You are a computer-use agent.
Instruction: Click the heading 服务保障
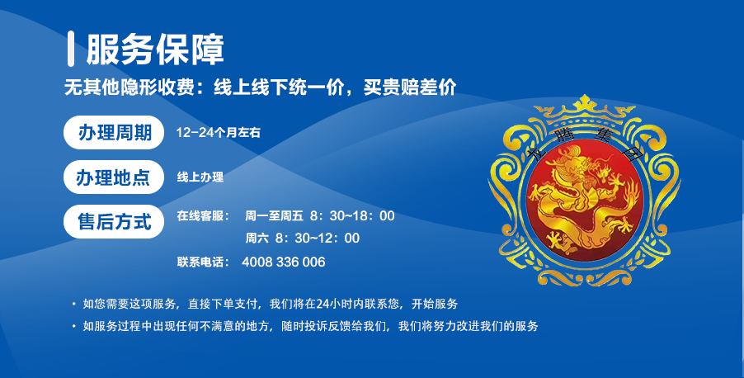tap(155, 50)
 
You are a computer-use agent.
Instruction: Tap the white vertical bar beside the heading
tap(71, 49)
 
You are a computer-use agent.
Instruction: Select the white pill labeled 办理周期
tap(114, 133)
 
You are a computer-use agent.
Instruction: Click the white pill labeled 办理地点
tap(114, 177)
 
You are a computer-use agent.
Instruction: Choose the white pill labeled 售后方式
tap(114, 222)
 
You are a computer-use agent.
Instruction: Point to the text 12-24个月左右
tap(219, 133)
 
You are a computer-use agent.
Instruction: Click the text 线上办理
tap(200, 177)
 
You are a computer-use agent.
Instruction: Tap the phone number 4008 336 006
tap(283, 262)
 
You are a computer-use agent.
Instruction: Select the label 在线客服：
tap(203, 216)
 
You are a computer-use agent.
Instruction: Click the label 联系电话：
tap(203, 262)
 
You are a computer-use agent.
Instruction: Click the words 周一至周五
tap(274, 216)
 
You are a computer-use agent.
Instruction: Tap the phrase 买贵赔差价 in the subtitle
tap(410, 87)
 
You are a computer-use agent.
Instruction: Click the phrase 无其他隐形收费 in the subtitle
tap(129, 87)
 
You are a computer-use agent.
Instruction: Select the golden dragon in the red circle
tap(585, 200)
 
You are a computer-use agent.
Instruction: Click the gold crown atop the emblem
tap(585, 108)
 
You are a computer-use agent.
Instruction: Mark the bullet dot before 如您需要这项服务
tap(73, 304)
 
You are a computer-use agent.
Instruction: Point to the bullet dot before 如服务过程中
tap(73, 326)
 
